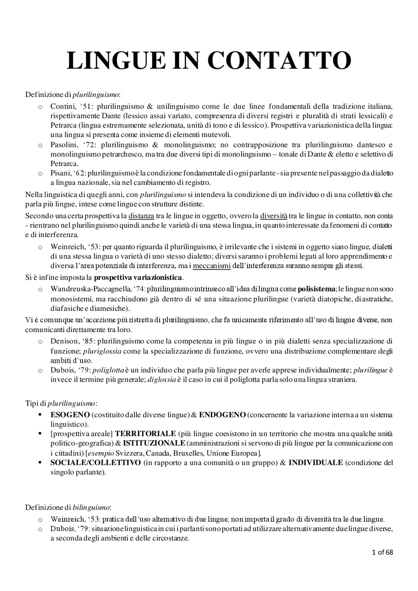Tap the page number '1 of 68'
point(382,552)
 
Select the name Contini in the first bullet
point(60,106)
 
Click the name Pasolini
point(61,145)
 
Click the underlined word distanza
point(141,216)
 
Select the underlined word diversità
point(274,216)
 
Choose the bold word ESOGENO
point(70,415)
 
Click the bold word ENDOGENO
point(222,415)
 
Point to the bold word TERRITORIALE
point(145,434)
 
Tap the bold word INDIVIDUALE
point(315,462)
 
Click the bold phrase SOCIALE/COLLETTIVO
point(96,462)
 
